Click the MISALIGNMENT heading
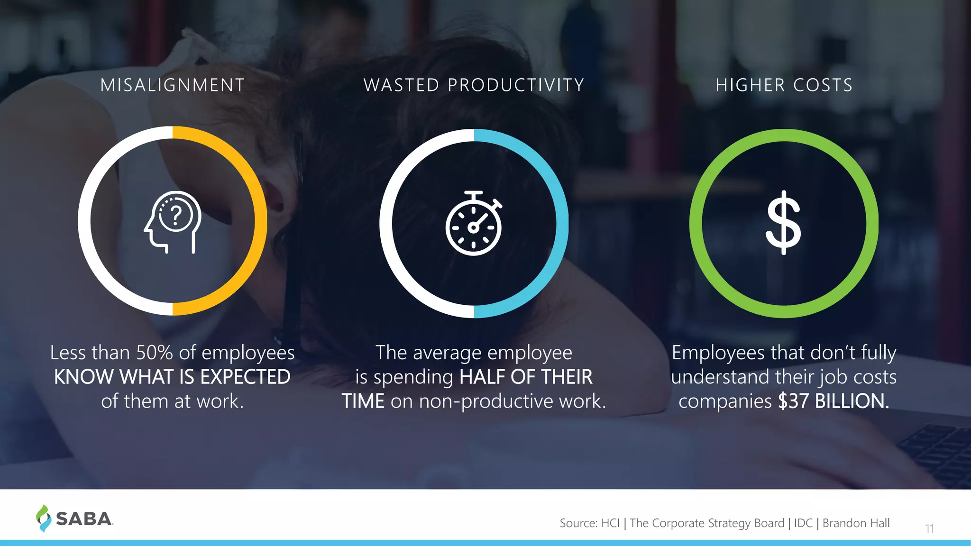(x=173, y=85)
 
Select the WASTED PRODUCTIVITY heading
(x=474, y=85)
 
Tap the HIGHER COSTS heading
(x=784, y=85)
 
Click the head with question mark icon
(x=173, y=222)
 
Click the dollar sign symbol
(x=784, y=222)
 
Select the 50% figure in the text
(x=155, y=353)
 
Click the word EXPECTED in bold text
(x=245, y=377)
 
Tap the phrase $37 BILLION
(x=833, y=401)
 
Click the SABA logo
(x=75, y=518)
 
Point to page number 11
(x=929, y=528)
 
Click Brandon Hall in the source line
(x=856, y=523)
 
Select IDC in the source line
(x=803, y=523)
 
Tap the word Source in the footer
(x=577, y=523)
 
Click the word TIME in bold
(x=363, y=401)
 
